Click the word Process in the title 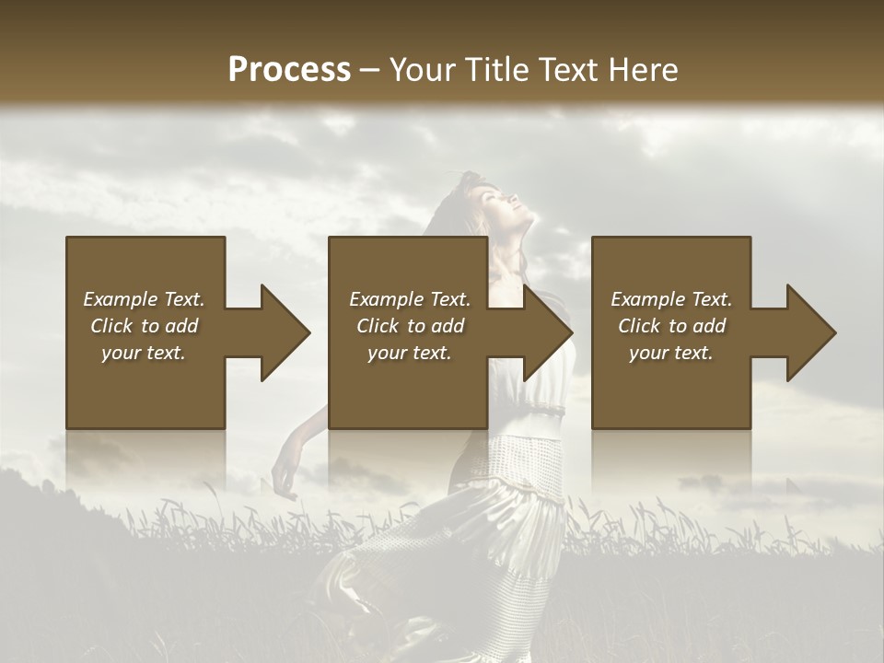(x=289, y=69)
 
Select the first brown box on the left (x=145, y=387)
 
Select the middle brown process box (x=408, y=387)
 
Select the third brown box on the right (x=670, y=387)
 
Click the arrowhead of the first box (x=285, y=332)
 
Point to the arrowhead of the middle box (x=547, y=332)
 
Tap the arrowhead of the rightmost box (x=810, y=332)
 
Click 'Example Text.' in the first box (x=144, y=299)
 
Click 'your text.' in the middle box (x=409, y=353)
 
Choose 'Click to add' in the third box (x=671, y=326)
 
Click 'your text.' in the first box (x=144, y=353)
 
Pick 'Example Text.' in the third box (x=671, y=299)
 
